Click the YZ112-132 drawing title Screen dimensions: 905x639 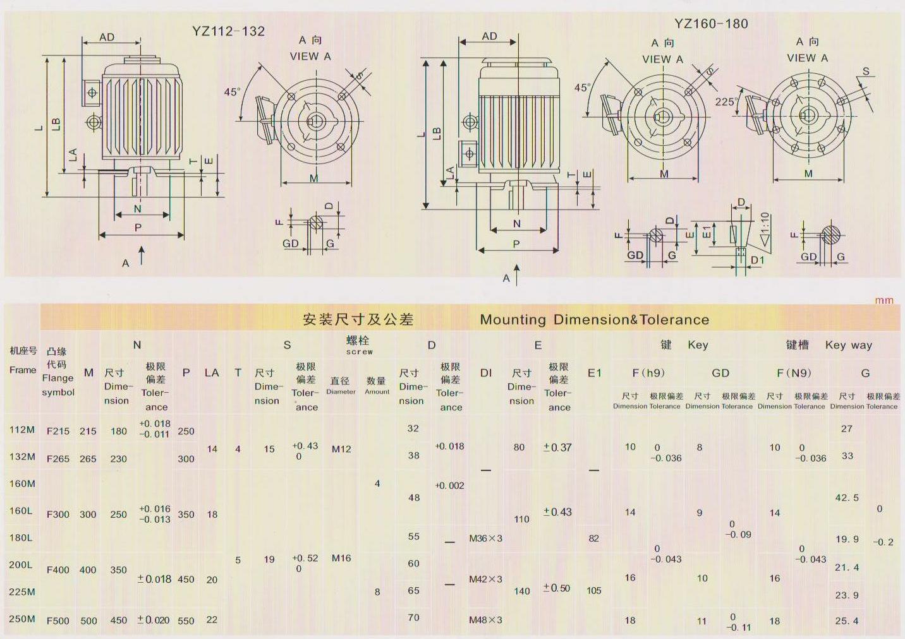(228, 31)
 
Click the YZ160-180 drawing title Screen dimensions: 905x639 (711, 23)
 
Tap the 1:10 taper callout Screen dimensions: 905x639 (764, 229)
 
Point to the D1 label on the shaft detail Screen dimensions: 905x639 (758, 260)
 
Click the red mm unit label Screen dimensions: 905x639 (884, 301)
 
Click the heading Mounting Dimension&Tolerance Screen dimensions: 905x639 (594, 319)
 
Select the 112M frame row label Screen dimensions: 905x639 (22, 429)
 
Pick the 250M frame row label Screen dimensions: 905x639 (22, 619)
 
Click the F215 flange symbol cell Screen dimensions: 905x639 (58, 431)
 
